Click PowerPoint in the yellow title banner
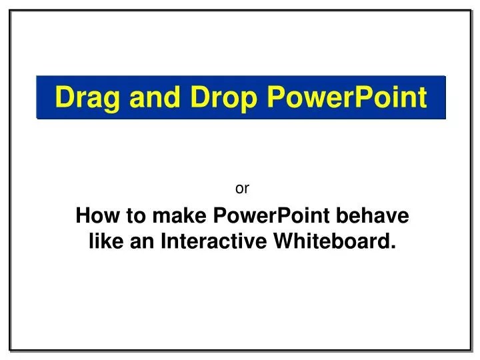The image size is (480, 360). [347, 98]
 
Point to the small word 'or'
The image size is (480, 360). [243, 189]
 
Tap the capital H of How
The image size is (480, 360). [83, 217]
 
